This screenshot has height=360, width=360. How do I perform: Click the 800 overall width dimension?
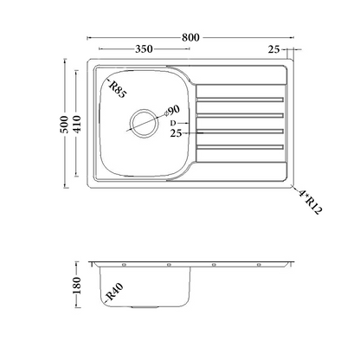pos(190,37)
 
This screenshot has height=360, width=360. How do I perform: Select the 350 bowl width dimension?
pos(144,49)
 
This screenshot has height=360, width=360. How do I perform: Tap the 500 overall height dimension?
pos(64,124)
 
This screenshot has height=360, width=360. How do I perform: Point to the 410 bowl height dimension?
pos(77,124)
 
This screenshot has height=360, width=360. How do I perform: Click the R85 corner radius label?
pos(118,89)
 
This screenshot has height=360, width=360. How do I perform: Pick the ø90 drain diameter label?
pos(172,111)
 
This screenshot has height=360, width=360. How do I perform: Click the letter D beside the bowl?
pos(173,123)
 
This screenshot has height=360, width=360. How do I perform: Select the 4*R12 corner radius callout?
pos(310,202)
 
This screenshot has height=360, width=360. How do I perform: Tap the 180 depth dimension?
pos(77,285)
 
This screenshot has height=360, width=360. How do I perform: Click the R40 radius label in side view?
pos(114,292)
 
